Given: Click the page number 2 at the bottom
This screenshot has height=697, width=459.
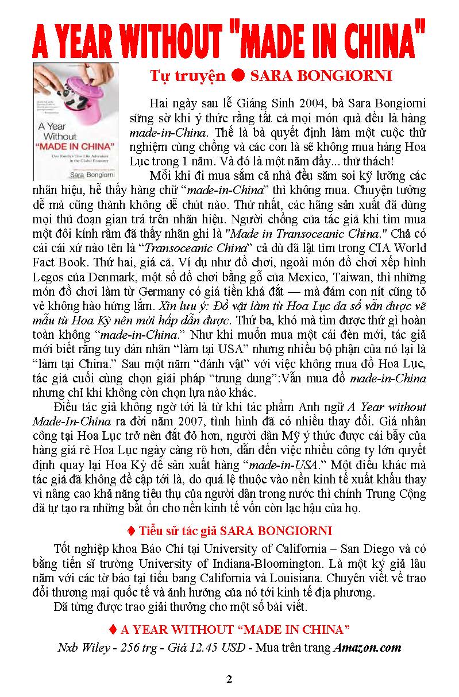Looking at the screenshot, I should [229, 680].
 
